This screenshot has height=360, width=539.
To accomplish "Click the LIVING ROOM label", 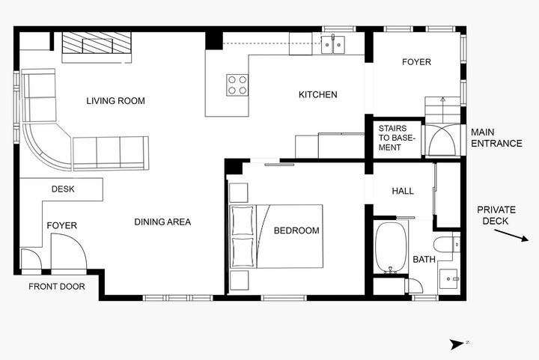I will click(x=115, y=101).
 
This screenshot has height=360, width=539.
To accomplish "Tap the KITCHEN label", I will click(x=317, y=95).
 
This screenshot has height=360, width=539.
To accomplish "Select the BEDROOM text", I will click(x=296, y=231).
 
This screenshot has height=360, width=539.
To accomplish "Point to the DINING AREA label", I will click(x=162, y=222).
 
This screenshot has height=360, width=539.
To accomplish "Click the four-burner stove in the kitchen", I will click(x=237, y=85).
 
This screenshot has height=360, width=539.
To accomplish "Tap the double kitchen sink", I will click(x=333, y=45).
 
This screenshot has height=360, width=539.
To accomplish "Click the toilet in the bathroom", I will click(x=448, y=243).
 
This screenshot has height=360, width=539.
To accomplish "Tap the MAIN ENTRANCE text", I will click(x=496, y=138).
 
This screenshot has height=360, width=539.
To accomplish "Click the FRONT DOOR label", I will click(x=56, y=287).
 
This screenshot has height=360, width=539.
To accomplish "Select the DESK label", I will click(x=63, y=189).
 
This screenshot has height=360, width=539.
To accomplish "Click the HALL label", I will click(x=403, y=192).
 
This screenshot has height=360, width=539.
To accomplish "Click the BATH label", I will click(x=424, y=260).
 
